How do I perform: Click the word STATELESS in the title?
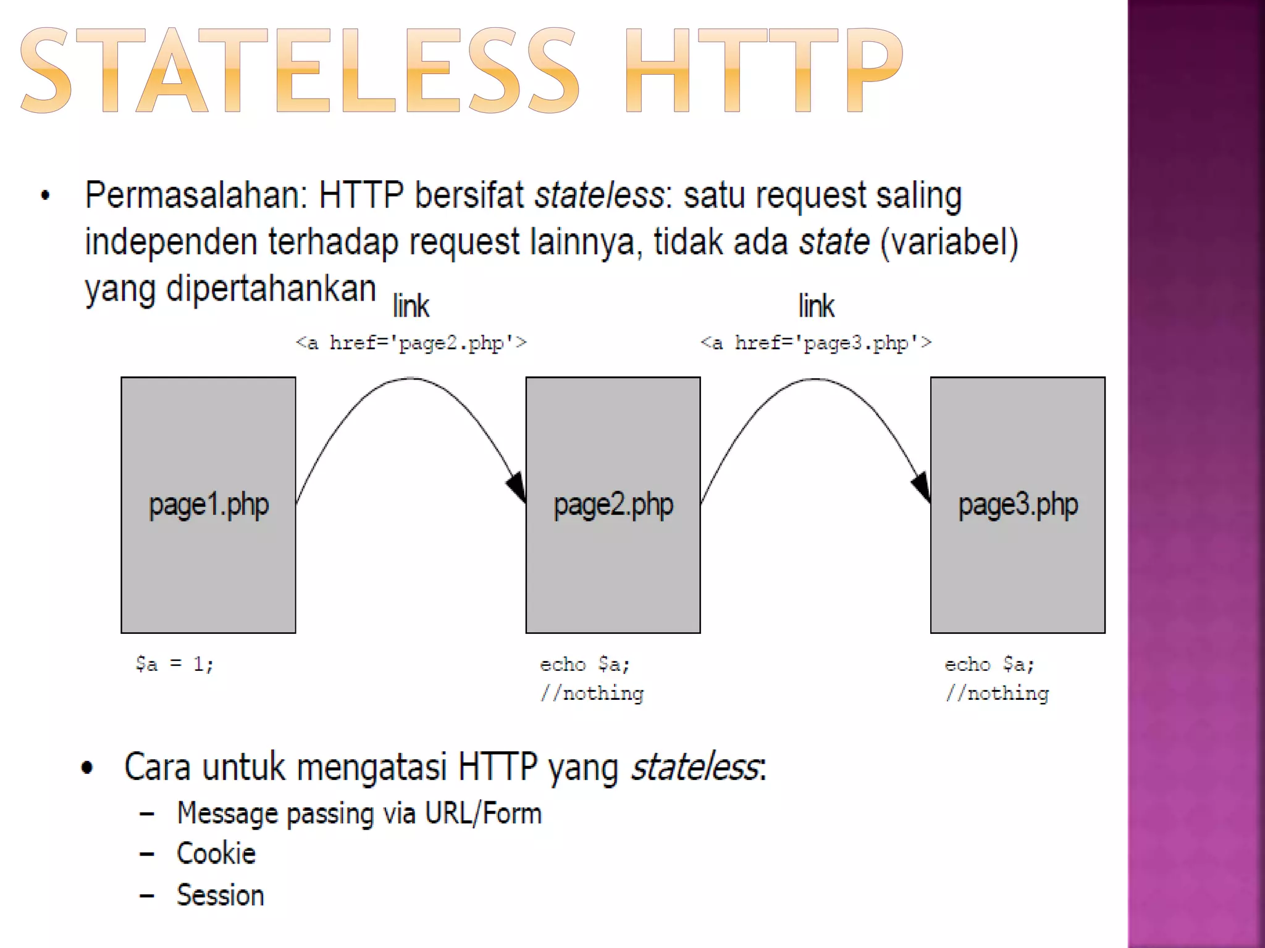300,71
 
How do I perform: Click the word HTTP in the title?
764,71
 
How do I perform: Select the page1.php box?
208,505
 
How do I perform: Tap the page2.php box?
613,505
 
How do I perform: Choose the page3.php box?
1017,505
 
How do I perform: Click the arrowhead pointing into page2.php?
517,486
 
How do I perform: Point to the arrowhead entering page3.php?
922,486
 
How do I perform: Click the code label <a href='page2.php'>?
411,343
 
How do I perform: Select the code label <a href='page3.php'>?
815,343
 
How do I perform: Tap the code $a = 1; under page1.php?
175,664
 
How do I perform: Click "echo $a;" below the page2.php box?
584,664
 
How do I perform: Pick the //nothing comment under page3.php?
996,694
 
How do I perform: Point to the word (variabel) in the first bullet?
949,242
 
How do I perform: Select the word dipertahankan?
271,289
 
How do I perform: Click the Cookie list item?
216,854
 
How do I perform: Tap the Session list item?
221,896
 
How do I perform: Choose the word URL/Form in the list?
484,813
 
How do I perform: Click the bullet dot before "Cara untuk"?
87,768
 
